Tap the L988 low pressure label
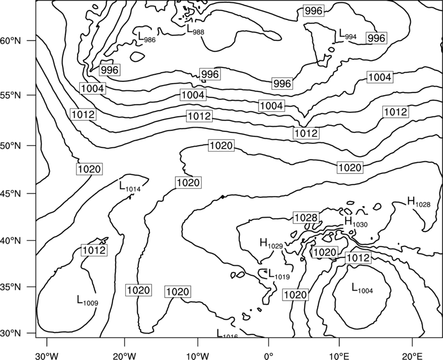pos(195,29)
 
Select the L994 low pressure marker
pos(348,34)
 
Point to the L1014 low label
pos(130,187)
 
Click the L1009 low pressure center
pos(87,300)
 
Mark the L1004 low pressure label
pos(362,288)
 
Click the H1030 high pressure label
pos(356,222)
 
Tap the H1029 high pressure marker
pos(271,244)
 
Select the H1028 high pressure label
pos(419,202)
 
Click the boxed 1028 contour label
pos(306,218)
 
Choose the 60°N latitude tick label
pos(11,40)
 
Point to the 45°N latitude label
pos(11,194)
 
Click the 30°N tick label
pos(11,333)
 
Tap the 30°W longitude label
pos(47,356)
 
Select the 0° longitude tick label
pos(269,356)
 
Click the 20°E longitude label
pos(412,356)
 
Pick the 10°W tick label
pos(197,356)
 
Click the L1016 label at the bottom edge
pos(227,333)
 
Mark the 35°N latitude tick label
pos(11,287)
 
